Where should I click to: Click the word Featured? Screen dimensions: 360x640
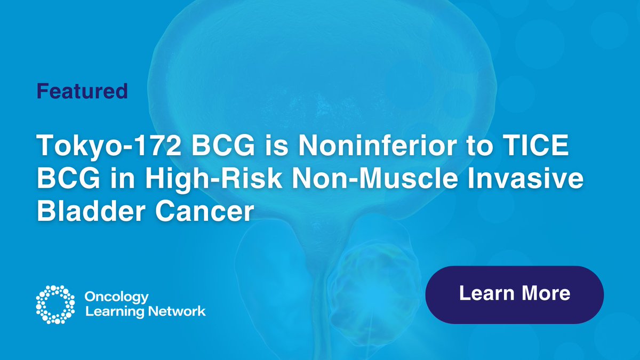tap(82, 91)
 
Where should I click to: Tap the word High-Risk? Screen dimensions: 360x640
tap(202, 179)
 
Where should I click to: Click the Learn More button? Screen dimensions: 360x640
tap(514, 294)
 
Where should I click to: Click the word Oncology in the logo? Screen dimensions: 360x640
tap(117, 297)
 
